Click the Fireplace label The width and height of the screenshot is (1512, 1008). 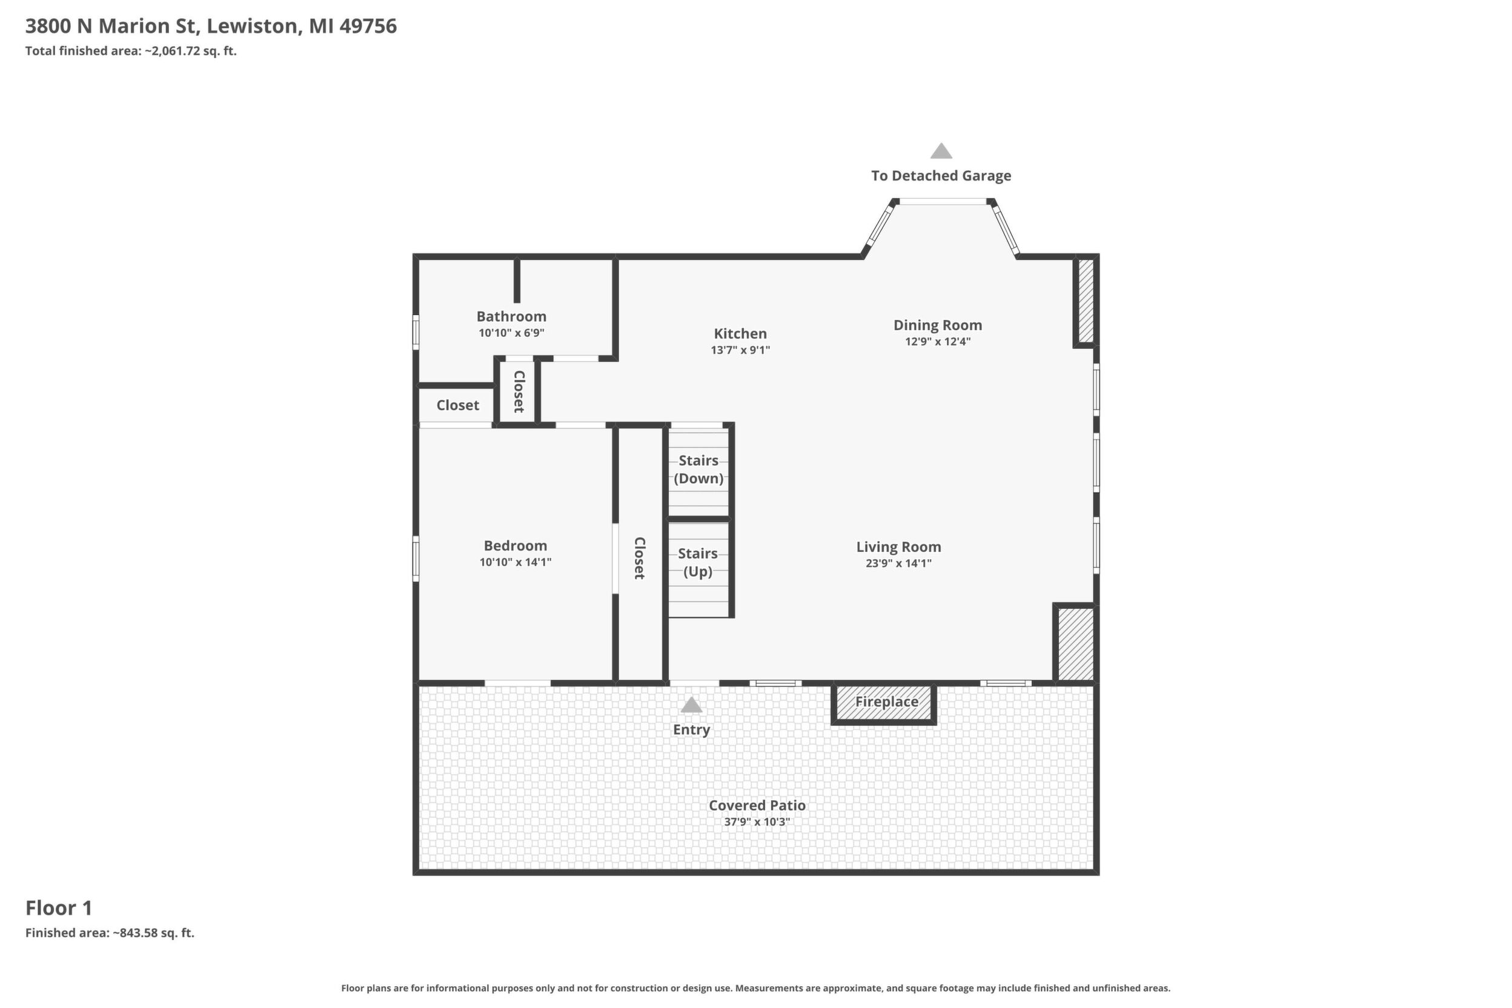[x=886, y=701]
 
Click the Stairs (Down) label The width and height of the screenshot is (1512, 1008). [x=699, y=469]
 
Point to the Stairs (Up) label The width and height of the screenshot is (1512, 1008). [x=698, y=563]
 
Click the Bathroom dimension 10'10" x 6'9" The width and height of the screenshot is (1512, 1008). [x=512, y=333]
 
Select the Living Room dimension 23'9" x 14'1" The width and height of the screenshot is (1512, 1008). [x=899, y=563]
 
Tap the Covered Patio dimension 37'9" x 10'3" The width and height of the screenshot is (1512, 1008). [x=757, y=821]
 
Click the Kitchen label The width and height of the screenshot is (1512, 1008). [x=741, y=334]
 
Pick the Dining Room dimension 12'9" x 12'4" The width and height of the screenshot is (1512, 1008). [x=938, y=342]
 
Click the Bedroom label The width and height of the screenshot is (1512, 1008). [x=516, y=546]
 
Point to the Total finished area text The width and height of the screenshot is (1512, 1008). [x=131, y=51]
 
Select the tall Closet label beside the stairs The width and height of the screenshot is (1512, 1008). [x=640, y=558]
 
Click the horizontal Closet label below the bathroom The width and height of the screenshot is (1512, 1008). [x=458, y=405]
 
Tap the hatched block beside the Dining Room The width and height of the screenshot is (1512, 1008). [x=1086, y=300]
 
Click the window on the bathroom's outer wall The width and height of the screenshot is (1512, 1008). [x=416, y=333]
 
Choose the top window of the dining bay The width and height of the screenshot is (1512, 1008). [x=943, y=202]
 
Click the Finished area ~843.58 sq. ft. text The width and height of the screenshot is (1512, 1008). [x=110, y=933]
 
